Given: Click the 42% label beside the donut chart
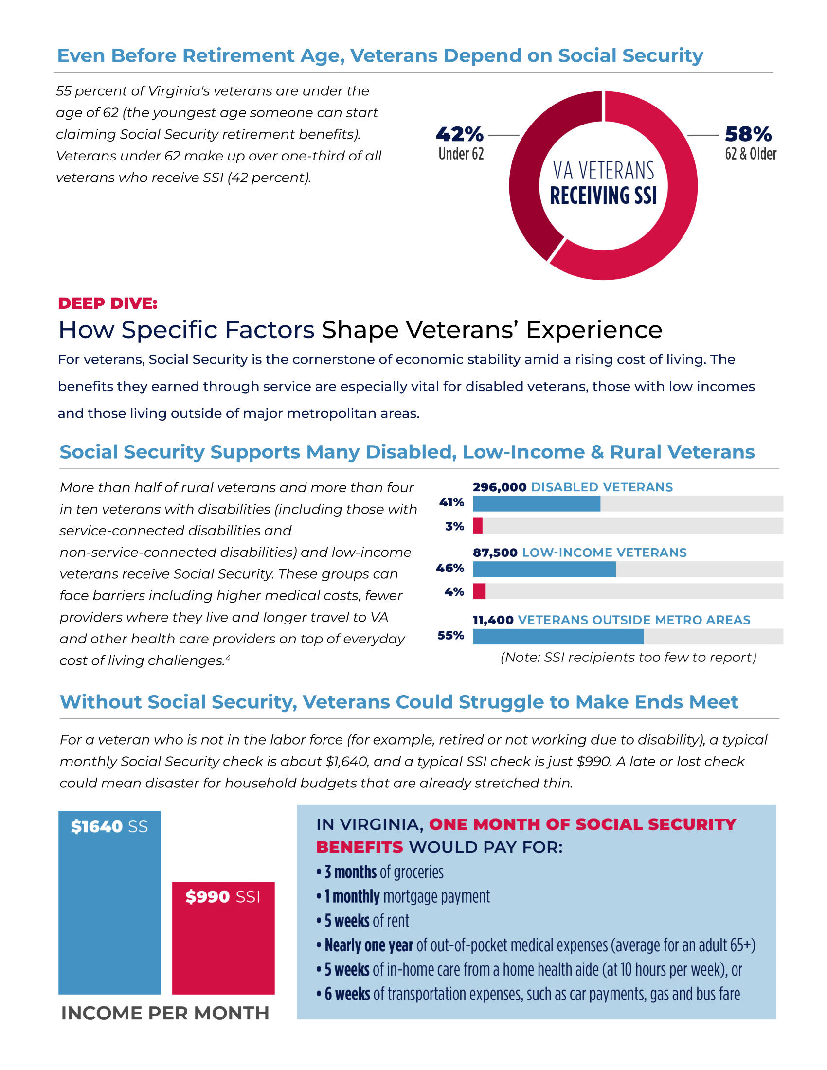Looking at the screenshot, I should tap(459, 134).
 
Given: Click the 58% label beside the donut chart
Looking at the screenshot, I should tap(748, 134).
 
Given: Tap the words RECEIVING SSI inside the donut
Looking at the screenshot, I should tap(603, 196).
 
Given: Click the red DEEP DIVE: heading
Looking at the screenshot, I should tap(108, 303).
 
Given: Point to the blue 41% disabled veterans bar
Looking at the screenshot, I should tap(536, 504).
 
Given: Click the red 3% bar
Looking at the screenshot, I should tap(478, 526).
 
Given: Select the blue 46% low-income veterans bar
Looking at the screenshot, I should tap(544, 570).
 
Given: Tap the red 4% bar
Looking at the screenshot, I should tap(479, 591).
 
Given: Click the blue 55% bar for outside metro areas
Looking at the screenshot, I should tap(557, 637).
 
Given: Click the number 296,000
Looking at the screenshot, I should tap(499, 487).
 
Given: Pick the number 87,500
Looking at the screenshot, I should tap(495, 553).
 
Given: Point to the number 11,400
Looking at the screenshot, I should tap(493, 620).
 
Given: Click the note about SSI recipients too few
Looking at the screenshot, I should tap(628, 657).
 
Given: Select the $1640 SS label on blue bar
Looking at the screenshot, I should tap(109, 826).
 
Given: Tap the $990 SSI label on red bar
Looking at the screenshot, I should tap(223, 896).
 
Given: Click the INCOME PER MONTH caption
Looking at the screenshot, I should tap(165, 1013).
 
